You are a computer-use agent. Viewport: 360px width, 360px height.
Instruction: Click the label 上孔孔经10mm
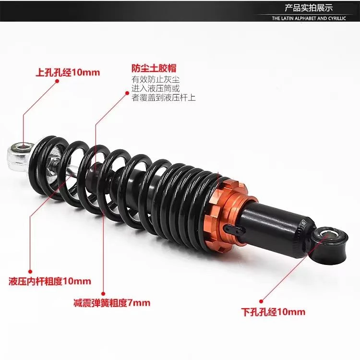(x=68, y=72)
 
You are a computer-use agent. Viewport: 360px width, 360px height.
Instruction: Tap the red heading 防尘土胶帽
(x=151, y=69)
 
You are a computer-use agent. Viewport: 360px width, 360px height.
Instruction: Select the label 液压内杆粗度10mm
(x=50, y=281)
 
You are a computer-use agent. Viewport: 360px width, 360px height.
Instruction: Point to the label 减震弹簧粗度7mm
(x=112, y=303)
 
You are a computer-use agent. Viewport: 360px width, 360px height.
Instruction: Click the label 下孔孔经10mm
(x=273, y=312)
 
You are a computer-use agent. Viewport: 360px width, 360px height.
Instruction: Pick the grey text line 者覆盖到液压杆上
(x=164, y=97)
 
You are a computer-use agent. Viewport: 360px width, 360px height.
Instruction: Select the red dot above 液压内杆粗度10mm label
(x=30, y=272)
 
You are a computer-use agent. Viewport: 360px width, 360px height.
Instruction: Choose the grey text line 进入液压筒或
(x=156, y=88)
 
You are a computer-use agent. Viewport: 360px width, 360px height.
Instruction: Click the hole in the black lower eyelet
(x=331, y=235)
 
